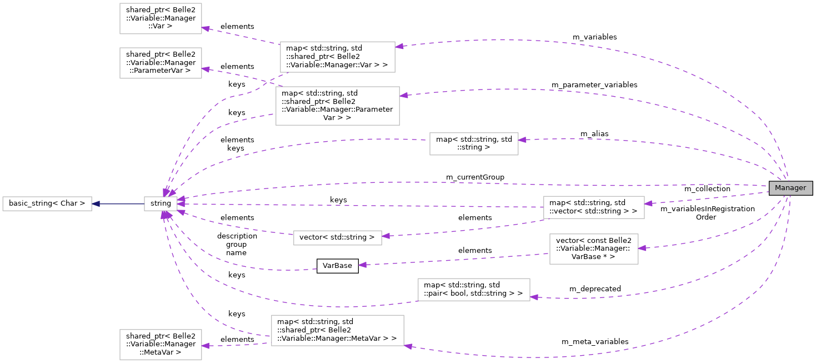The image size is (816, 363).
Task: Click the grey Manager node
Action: coord(790,188)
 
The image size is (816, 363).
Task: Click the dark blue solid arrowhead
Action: coord(96,204)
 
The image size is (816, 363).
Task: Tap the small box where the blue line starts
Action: coord(161,204)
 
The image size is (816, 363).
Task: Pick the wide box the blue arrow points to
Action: coord(47,204)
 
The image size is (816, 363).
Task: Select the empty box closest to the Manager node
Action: coord(593,207)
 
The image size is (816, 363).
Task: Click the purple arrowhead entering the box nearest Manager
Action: coord(649,203)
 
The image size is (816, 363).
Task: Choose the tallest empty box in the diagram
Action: coord(337,106)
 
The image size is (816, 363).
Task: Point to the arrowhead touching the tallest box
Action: coord(404,96)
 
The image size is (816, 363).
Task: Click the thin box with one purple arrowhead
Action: coord(337,238)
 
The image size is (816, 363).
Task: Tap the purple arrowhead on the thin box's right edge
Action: coord(386,236)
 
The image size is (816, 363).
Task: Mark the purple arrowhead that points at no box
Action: coord(363,265)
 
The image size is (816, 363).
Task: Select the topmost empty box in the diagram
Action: coord(161,18)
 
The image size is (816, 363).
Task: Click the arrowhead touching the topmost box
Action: coord(206,28)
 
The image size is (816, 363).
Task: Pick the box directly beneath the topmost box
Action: coord(161,63)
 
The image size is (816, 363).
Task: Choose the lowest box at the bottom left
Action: coord(161,345)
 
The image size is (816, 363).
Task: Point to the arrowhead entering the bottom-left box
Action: coord(206,346)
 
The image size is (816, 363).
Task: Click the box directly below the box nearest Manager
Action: coord(593,249)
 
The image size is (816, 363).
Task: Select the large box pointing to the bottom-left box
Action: coord(337,330)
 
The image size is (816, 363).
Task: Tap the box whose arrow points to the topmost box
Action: coord(337,57)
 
